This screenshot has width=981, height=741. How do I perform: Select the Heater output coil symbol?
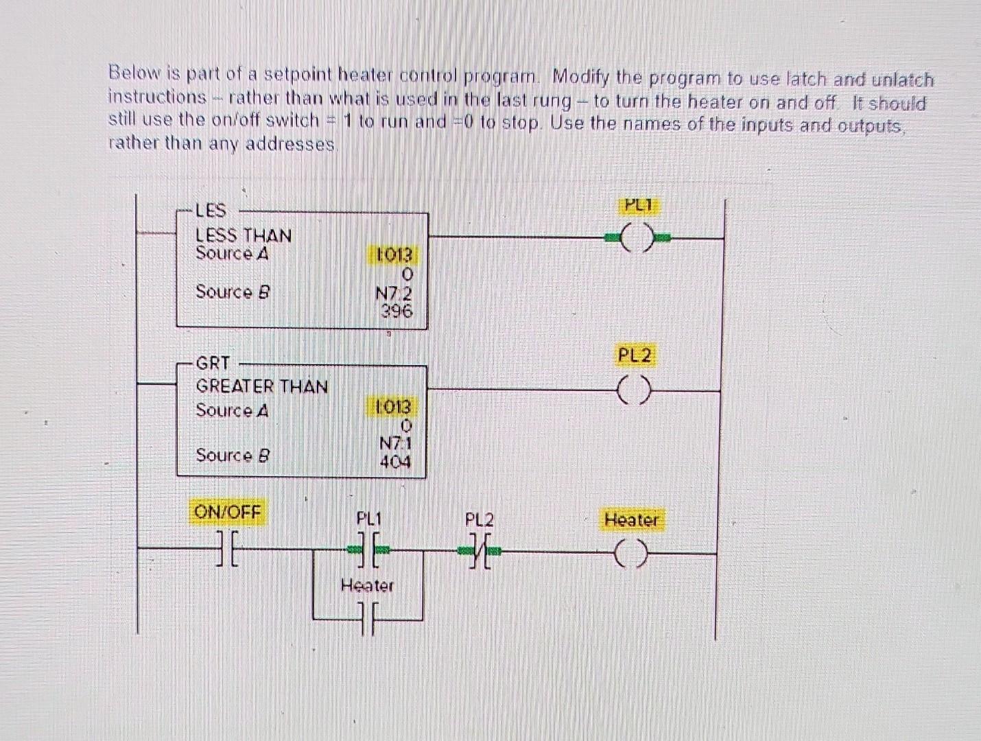[631, 554]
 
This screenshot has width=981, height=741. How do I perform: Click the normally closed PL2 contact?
[479, 550]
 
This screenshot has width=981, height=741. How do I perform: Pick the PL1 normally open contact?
[368, 549]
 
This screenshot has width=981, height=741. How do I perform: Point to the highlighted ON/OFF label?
[227, 512]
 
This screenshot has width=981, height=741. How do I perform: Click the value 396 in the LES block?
[397, 311]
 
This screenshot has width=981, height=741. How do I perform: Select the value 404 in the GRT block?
[396, 463]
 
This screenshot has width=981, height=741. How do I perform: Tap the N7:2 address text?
[394, 293]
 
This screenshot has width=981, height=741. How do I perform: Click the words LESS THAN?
[244, 235]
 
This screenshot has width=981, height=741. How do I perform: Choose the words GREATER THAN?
[261, 386]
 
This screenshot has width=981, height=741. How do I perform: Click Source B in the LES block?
[233, 292]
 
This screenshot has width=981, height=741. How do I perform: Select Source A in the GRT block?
[232, 410]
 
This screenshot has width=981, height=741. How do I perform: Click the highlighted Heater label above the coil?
[631, 520]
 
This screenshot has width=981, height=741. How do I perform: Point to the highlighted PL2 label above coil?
[635, 355]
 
